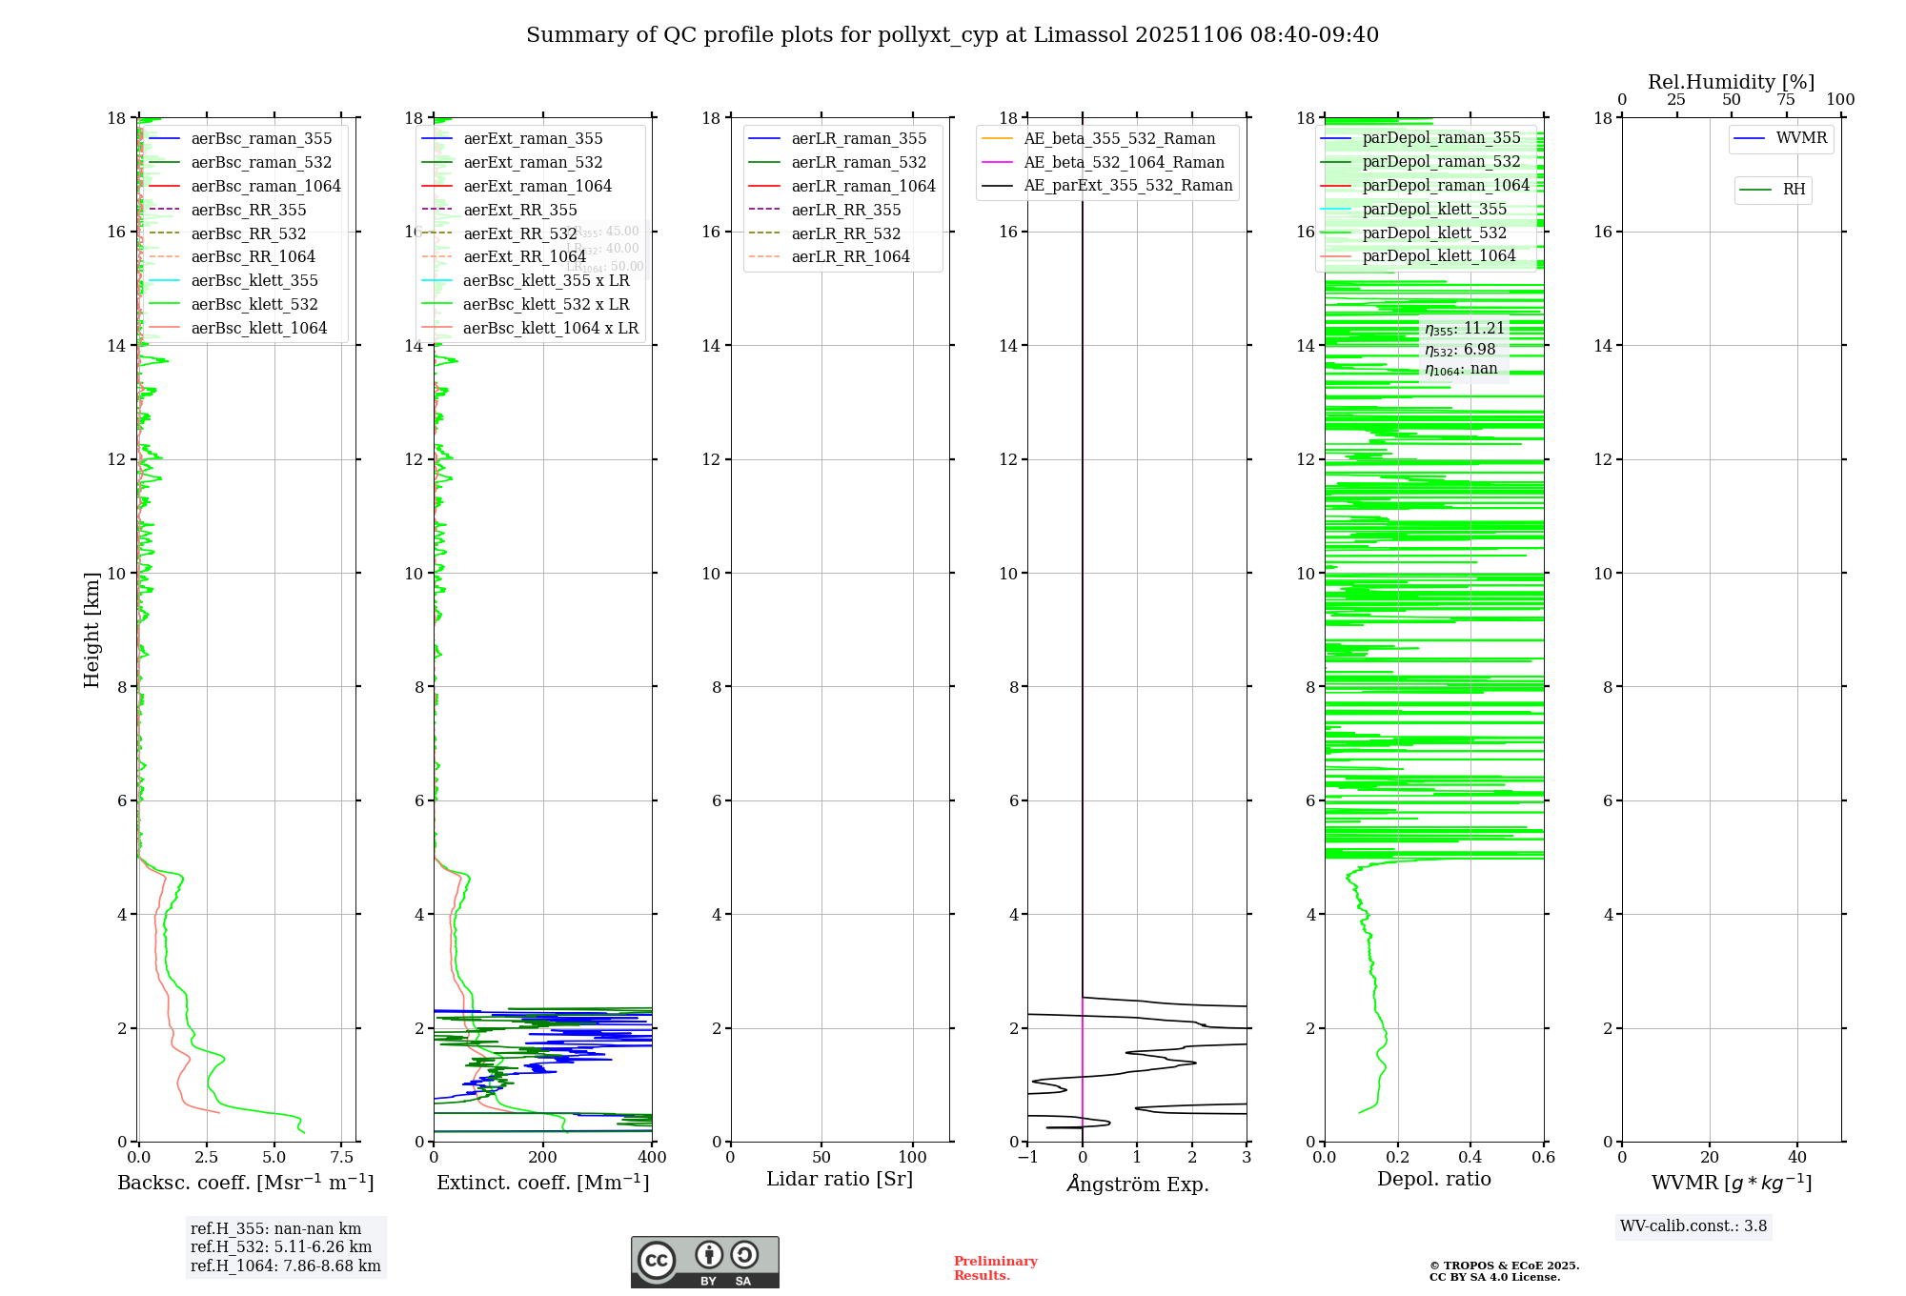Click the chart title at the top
click(952, 35)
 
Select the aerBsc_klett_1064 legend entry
click(258, 328)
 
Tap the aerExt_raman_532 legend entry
click(533, 162)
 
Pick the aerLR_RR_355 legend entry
click(845, 210)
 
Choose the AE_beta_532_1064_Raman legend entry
click(1124, 162)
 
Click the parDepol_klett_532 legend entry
click(1434, 233)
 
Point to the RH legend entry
click(1794, 190)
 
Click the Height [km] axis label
click(91, 629)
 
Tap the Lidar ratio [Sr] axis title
click(840, 1179)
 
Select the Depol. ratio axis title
click(1433, 1179)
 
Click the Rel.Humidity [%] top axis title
click(1731, 82)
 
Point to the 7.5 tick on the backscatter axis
click(342, 1158)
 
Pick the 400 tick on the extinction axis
click(652, 1158)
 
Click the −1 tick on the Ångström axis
click(1027, 1158)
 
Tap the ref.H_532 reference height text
click(281, 1246)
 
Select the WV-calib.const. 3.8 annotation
click(1693, 1226)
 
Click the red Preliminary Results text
click(995, 1268)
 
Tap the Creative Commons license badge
click(704, 1263)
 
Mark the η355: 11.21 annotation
click(1464, 329)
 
